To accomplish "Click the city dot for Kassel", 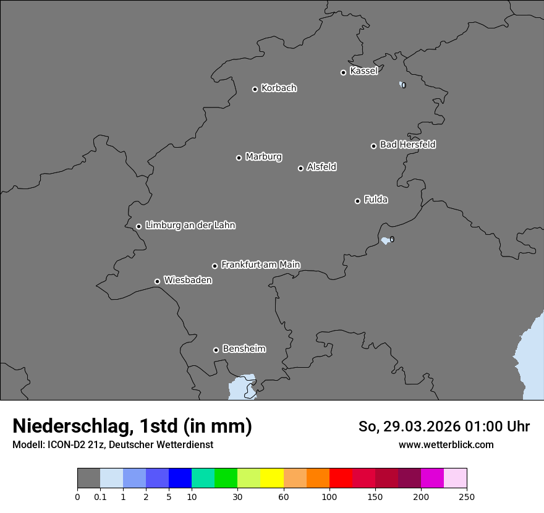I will (x=343, y=72).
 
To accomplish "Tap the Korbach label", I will (x=279, y=88).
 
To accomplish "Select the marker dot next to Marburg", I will (x=239, y=158).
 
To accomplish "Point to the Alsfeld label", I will (x=321, y=167).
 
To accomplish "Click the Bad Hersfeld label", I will (x=407, y=145).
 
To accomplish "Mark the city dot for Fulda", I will (x=357, y=201).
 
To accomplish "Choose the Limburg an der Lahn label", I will (x=190, y=226).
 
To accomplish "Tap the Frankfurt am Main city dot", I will (x=215, y=266).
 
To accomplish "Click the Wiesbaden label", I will (x=187, y=281).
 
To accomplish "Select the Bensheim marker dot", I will (x=216, y=350).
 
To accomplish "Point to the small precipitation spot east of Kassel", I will (x=403, y=85).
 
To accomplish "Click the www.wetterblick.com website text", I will (x=446, y=444).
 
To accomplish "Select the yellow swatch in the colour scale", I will (x=272, y=478).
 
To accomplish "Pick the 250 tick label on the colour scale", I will (x=467, y=496).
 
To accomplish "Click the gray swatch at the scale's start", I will (x=88, y=478).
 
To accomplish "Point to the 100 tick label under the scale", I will (x=329, y=496).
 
